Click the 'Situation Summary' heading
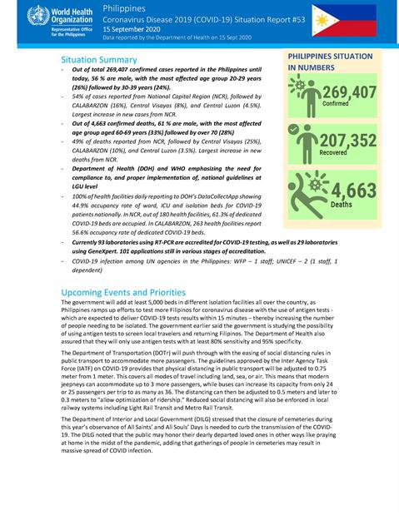(100, 61)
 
